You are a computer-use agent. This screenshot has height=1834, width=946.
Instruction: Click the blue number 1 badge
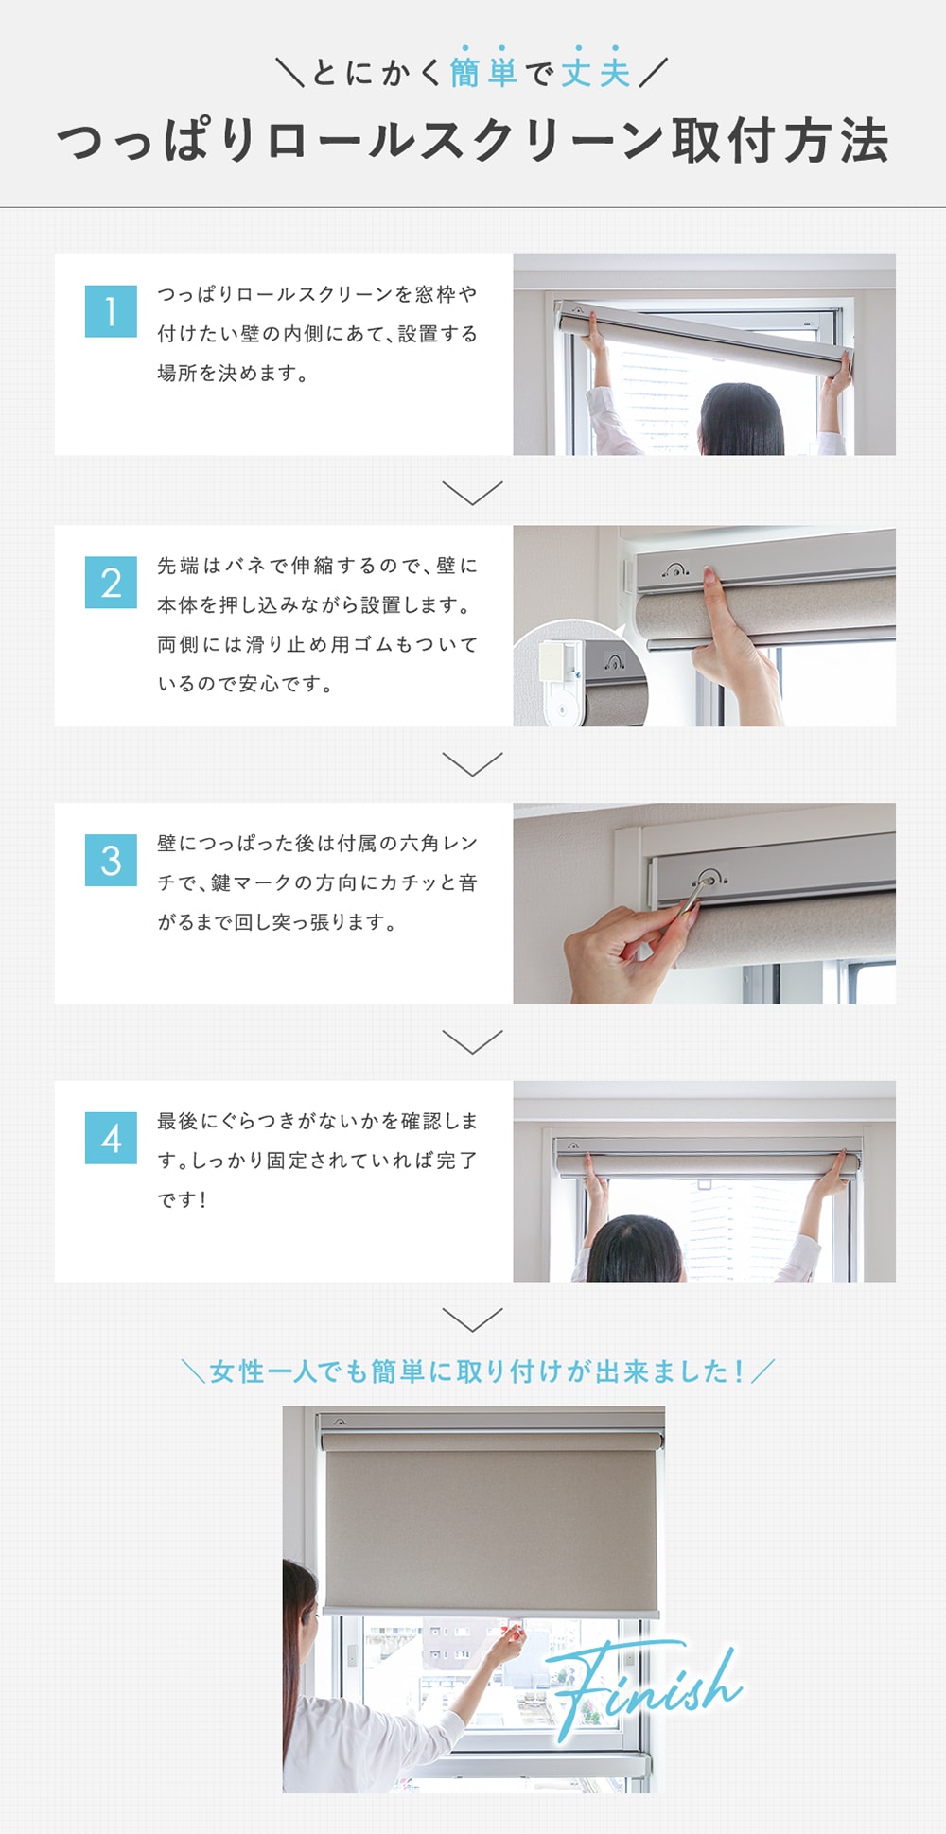point(111,311)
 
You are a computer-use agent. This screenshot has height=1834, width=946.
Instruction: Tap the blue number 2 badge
point(111,582)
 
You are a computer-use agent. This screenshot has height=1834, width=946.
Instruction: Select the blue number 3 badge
point(111,860)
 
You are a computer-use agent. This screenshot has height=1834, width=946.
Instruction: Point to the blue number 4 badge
point(111,1138)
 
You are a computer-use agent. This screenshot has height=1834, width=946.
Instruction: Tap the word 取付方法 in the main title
point(780,142)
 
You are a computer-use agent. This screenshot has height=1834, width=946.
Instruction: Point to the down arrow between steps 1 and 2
point(472,493)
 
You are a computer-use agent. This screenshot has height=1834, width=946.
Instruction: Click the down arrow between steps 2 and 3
point(472,764)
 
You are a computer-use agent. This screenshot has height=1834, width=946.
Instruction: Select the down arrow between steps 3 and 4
point(472,1041)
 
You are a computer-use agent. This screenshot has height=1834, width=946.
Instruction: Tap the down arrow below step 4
point(472,1319)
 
